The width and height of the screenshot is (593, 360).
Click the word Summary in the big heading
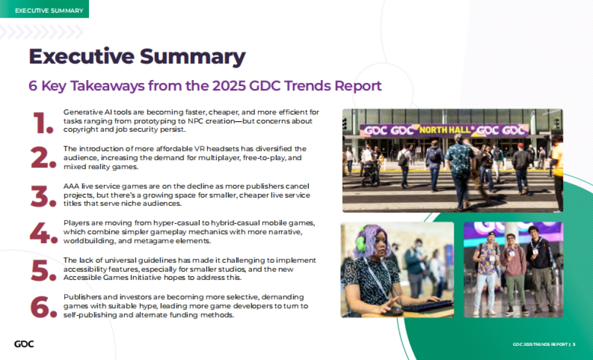point(192,57)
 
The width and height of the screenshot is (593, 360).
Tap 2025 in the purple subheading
point(229,86)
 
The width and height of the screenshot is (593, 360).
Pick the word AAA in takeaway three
point(71,186)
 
